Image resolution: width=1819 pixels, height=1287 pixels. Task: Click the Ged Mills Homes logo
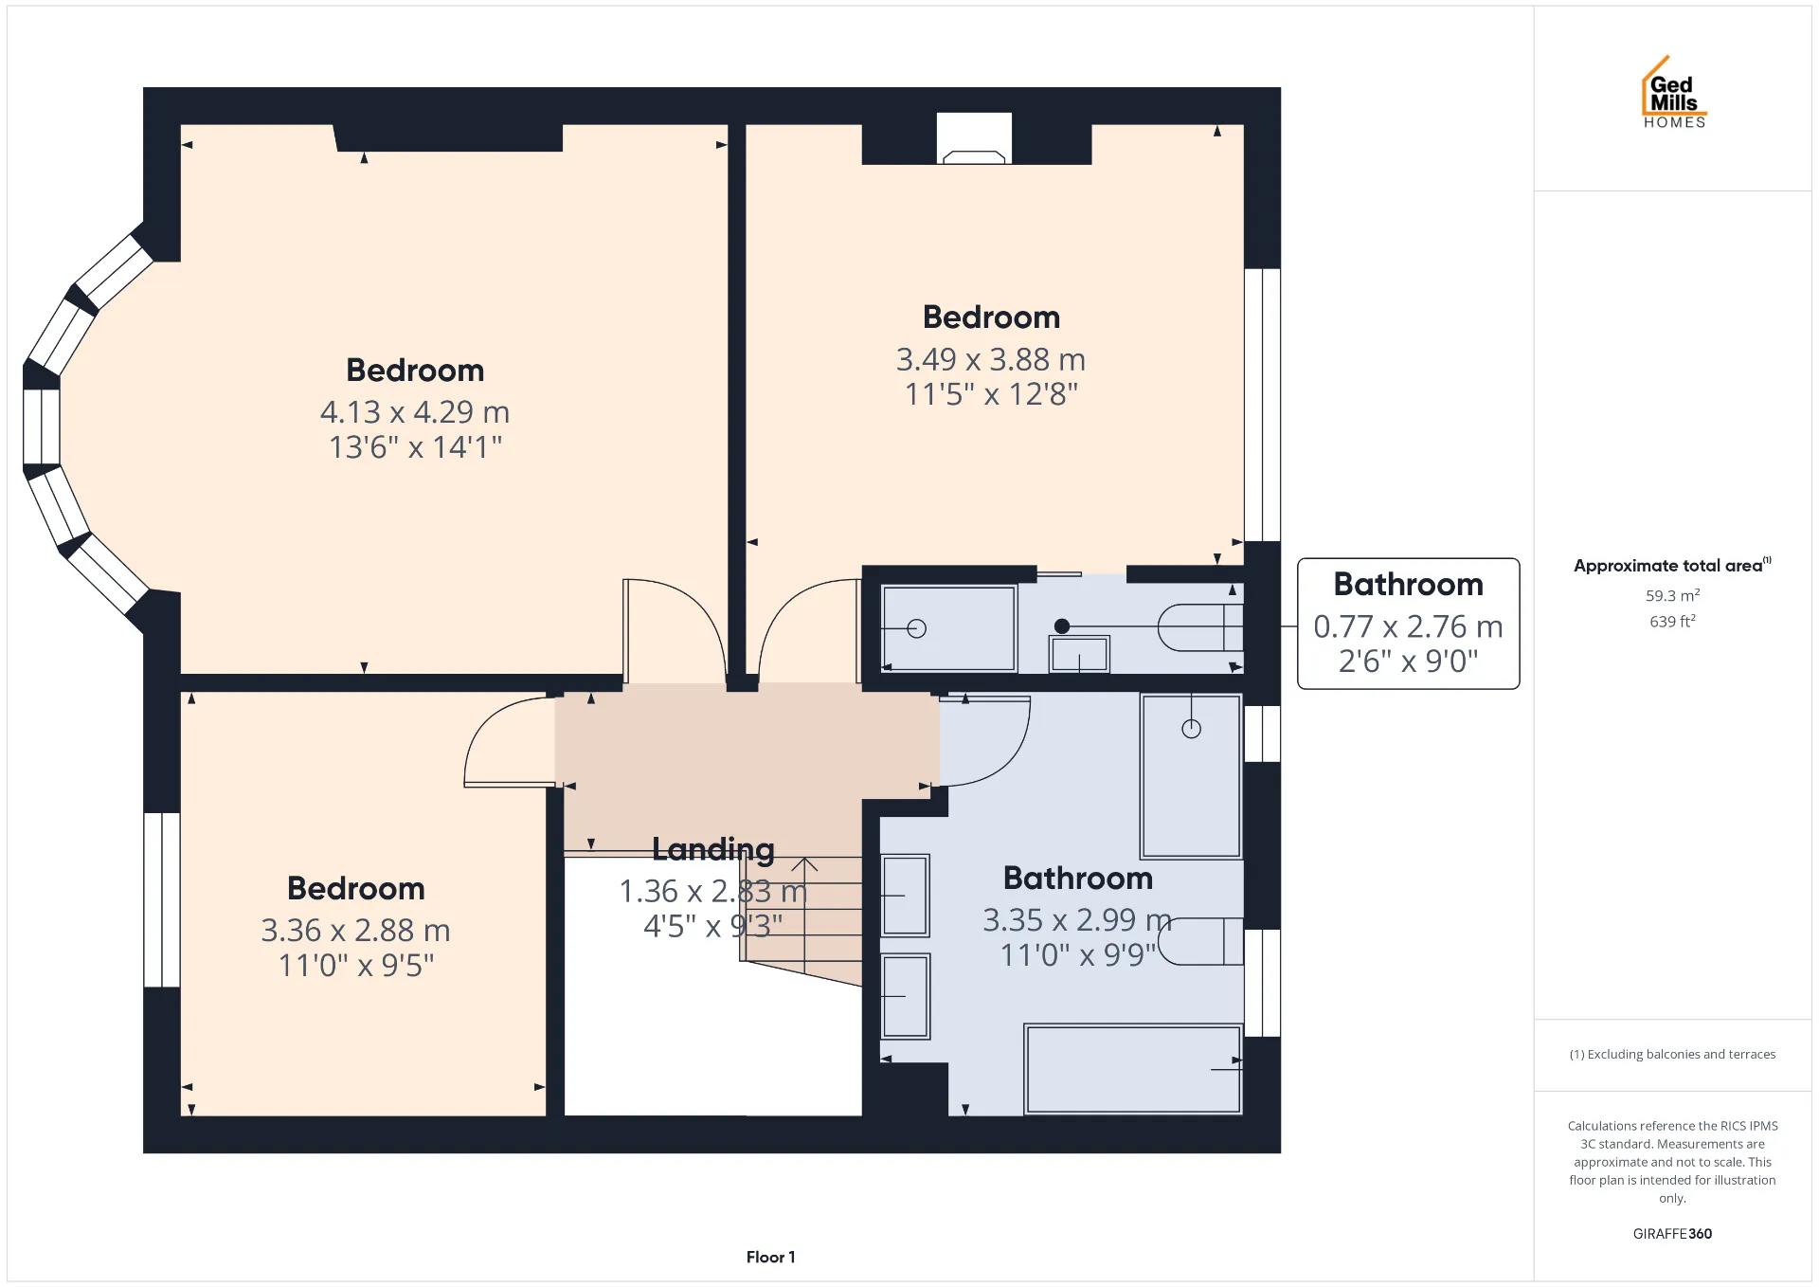[x=1674, y=92]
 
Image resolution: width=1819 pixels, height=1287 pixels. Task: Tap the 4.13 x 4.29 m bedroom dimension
[x=415, y=412]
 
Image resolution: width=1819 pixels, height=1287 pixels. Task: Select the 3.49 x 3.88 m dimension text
[x=991, y=360]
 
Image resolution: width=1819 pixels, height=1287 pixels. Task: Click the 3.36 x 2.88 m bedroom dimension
[x=355, y=931]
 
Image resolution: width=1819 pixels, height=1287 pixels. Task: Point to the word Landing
[x=713, y=850]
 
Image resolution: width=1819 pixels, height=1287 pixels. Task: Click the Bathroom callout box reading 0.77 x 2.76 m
[x=1408, y=624]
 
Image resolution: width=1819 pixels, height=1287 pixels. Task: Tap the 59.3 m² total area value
[x=1672, y=595]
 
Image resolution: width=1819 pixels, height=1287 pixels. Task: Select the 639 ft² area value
[x=1672, y=621]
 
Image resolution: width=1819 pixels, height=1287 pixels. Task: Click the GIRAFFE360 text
[x=1672, y=1233]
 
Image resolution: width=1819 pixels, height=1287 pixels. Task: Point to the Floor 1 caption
[x=770, y=1257]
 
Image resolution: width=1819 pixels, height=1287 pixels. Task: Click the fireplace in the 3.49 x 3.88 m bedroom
[x=974, y=138]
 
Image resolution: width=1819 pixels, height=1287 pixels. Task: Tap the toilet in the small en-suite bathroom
[x=1200, y=626]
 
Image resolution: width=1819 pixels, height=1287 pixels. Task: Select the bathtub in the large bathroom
[x=1134, y=1069]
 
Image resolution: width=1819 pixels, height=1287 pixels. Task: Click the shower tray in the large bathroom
[x=1191, y=775]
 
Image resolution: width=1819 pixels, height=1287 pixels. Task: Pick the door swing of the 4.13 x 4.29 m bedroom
[x=675, y=631]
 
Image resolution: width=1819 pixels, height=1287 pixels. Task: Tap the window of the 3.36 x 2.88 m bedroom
[x=162, y=899]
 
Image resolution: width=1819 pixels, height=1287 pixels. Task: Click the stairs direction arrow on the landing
[x=804, y=915]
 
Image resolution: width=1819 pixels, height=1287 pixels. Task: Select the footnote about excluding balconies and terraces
[x=1672, y=1054]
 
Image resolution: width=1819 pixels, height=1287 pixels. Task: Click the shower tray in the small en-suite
[x=948, y=627]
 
